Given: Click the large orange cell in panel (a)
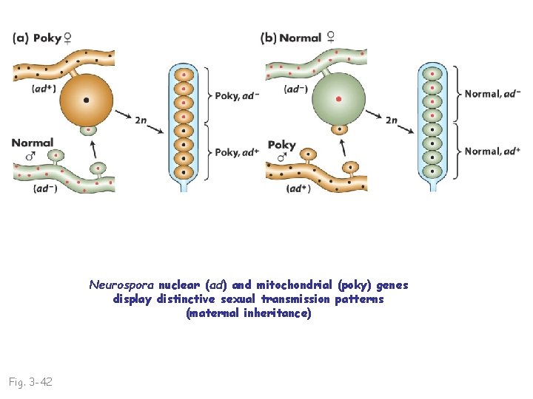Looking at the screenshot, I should pos(87,100).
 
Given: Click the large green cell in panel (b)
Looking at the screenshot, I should pos(339,99).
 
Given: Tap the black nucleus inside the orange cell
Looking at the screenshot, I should pos(87,100).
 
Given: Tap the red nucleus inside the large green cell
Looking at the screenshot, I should pos(339,98).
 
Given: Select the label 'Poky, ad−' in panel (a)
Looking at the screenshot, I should pos(237,95).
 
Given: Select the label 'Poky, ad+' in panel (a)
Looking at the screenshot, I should pos(237,152).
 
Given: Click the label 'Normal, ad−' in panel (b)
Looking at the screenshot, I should pos(492,94).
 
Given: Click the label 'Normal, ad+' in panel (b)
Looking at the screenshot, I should pos(492,151).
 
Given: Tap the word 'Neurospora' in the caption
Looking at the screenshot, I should pos(122,285).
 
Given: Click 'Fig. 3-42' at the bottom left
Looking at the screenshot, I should pos(30,382).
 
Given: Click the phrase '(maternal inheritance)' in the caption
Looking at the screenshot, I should pos(249,313).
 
